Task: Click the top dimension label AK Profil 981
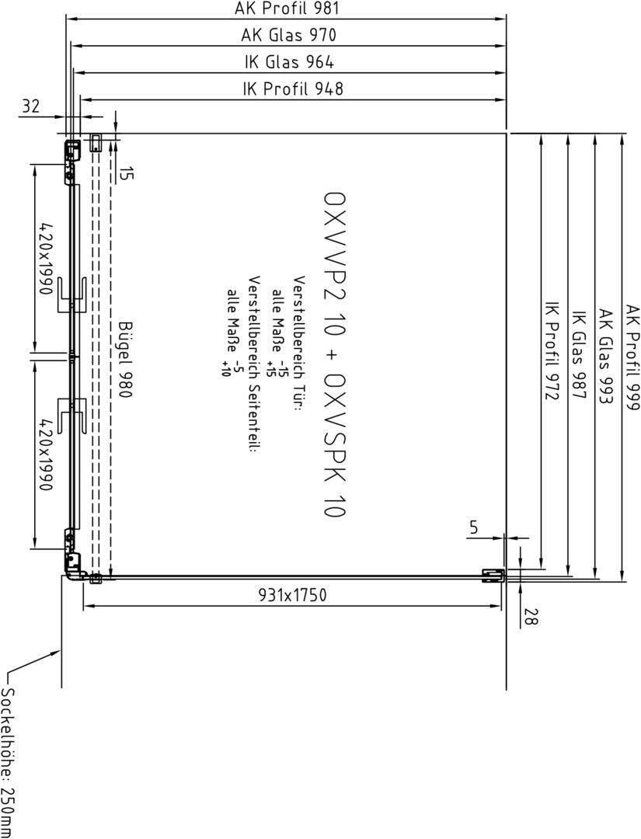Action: [287, 9]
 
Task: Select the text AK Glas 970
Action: [288, 35]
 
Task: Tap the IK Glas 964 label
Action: [289, 62]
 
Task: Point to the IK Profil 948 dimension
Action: [293, 89]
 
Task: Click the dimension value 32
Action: [30, 106]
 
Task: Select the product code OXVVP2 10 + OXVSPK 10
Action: [335, 353]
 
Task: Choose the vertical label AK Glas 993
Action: [605, 356]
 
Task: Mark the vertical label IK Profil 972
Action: [552, 350]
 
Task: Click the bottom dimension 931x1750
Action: [292, 594]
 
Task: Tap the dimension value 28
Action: [530, 617]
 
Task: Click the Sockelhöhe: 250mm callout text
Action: [9, 762]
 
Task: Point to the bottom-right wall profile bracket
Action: [493, 575]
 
